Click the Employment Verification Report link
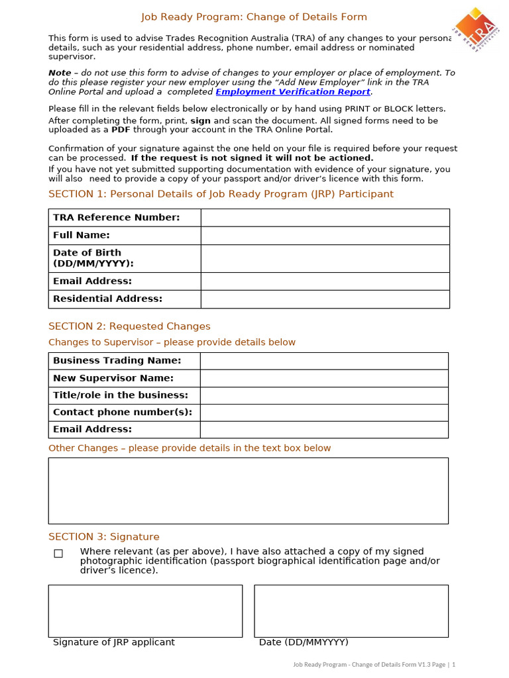(292, 92)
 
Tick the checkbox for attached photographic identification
(58, 554)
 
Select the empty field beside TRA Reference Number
(325, 218)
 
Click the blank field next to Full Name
(325, 236)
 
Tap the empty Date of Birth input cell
(325, 258)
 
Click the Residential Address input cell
(325, 299)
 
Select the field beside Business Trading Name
(324, 361)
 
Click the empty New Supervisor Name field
(324, 378)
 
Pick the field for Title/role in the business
(324, 395)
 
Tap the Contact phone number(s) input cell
(324, 412)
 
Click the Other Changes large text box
(248, 491)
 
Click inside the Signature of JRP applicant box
(145, 610)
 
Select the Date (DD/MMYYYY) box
(351, 610)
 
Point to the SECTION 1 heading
(221, 194)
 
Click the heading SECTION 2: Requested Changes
(129, 326)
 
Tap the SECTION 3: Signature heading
(104, 537)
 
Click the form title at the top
(254, 17)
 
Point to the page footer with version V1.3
(374, 664)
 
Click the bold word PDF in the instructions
(120, 130)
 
